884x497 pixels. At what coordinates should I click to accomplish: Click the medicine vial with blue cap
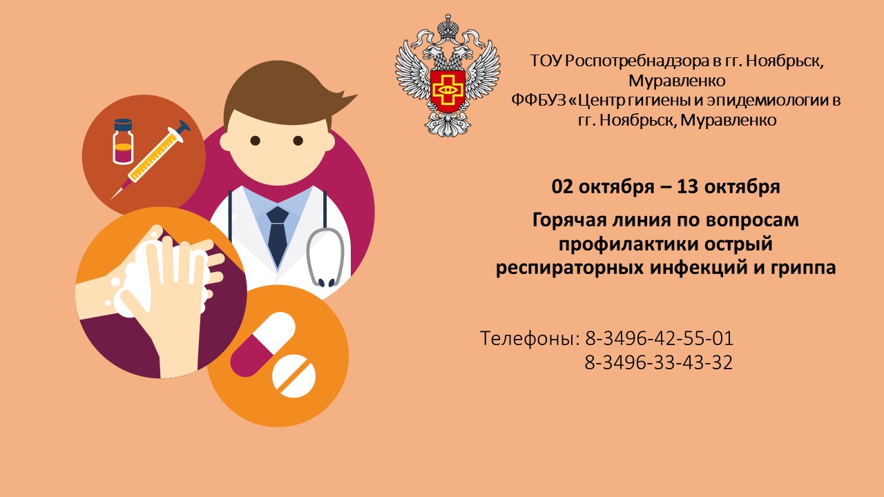(x=123, y=142)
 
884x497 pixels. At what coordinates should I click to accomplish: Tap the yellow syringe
(x=151, y=159)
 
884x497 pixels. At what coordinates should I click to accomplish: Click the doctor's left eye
(x=256, y=140)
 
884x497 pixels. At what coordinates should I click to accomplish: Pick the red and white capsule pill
(x=263, y=344)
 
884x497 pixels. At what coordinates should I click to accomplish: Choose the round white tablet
(x=294, y=376)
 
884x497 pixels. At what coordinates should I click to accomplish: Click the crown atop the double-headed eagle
(x=448, y=27)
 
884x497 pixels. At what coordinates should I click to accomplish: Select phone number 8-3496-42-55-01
(x=659, y=339)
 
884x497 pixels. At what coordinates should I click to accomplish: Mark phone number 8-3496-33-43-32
(x=659, y=362)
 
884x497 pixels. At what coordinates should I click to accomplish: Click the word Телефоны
(x=530, y=339)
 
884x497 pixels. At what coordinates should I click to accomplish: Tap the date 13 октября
(x=729, y=187)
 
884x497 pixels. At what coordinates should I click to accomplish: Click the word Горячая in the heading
(x=569, y=220)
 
